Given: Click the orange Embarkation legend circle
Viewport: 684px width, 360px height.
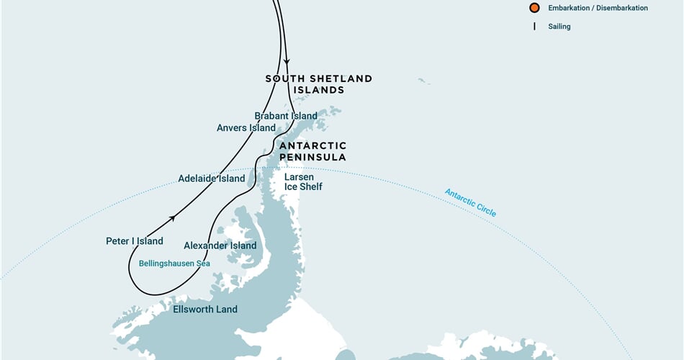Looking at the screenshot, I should pyautogui.click(x=534, y=8).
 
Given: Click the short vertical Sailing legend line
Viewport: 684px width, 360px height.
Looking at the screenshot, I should pyautogui.click(x=534, y=27).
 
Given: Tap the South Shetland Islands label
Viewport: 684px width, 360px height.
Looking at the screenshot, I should pyautogui.click(x=318, y=84).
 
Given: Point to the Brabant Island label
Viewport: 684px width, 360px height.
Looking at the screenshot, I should pyautogui.click(x=286, y=116).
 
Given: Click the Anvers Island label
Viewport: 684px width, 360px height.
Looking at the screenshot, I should pyautogui.click(x=246, y=128).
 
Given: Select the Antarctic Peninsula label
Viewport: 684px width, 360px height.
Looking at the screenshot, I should pyautogui.click(x=312, y=151).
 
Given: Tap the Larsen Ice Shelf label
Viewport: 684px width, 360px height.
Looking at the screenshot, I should pyautogui.click(x=303, y=181).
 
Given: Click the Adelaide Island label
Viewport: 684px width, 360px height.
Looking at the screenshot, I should pyautogui.click(x=212, y=178).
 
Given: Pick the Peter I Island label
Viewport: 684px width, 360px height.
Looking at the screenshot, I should pyautogui.click(x=135, y=241).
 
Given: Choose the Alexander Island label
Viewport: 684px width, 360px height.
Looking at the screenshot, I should pyautogui.click(x=220, y=246).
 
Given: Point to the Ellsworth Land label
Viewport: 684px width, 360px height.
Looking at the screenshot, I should pyautogui.click(x=205, y=310).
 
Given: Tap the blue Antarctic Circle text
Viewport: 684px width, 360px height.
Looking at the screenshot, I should pyautogui.click(x=470, y=203).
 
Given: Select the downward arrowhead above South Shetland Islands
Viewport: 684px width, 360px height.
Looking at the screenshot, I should pyautogui.click(x=287, y=62).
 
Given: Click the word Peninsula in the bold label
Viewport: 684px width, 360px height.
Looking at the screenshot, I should pyautogui.click(x=312, y=157).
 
